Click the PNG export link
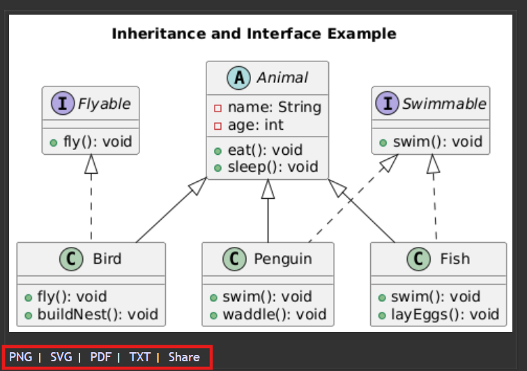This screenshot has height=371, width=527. coord(20,357)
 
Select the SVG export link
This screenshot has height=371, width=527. coord(61,357)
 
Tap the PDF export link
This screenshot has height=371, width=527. coord(100,357)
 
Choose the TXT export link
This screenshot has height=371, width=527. coord(140,357)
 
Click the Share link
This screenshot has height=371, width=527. coord(184,357)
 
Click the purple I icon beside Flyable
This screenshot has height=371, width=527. coord(63,103)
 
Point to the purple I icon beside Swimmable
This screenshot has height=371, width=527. coord(387,103)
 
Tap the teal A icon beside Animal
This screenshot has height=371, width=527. coord(238,77)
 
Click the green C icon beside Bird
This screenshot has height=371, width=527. coord(71,259)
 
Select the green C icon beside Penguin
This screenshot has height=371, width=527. coord(234,259)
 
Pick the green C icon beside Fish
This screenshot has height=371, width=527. coord(418,259)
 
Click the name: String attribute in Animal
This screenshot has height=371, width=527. coord(275,107)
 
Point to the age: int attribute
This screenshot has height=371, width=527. coord(255,125)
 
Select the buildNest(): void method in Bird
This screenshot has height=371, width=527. coord(98,315)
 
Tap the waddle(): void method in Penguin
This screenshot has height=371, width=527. coord(275,315)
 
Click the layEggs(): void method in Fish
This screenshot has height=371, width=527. coord(445,315)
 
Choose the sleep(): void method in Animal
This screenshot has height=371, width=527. coord(273,167)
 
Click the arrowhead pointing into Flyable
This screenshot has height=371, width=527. coord(91,164)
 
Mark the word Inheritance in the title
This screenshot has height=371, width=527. coord(159,34)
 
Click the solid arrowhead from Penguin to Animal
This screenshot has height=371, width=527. coord(268,189)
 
